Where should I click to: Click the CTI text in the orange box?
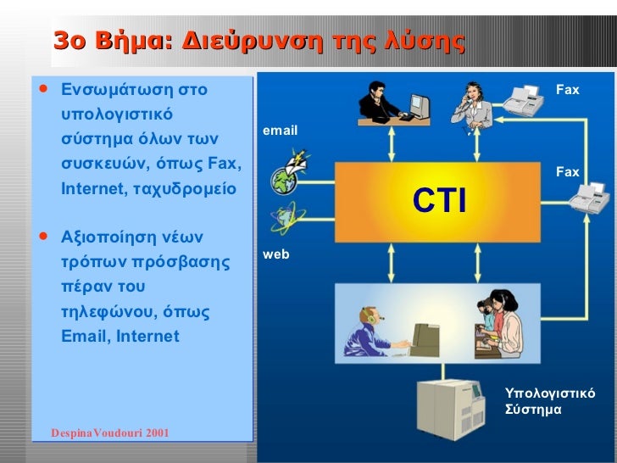pos(439,202)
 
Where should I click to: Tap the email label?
pos(280,131)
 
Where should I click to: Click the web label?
pos(275,254)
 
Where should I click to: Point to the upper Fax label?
pos(567,89)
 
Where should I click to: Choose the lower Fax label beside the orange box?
pos(567,172)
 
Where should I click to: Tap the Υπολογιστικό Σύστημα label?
pos(549,401)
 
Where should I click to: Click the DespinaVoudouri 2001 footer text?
pos(110,433)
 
